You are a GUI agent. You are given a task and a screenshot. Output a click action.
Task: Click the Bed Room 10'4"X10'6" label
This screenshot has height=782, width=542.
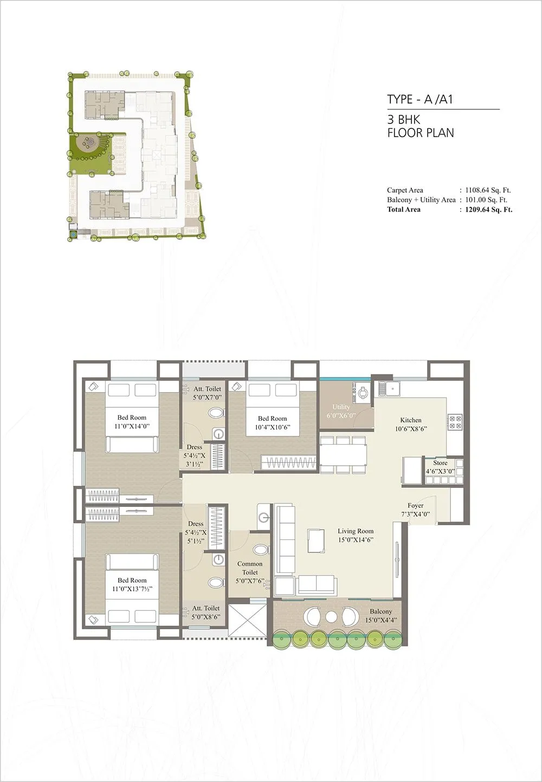[272, 422]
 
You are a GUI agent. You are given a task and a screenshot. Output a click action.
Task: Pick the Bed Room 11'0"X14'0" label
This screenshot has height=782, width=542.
[132, 422]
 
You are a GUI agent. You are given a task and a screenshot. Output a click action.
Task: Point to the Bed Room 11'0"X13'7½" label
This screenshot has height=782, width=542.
[132, 584]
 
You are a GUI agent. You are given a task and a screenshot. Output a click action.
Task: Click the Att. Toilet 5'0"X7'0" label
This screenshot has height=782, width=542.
[207, 393]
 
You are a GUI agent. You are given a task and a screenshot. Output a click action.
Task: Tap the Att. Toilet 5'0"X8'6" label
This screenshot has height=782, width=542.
[205, 612]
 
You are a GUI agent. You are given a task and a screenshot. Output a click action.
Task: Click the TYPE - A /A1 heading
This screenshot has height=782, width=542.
[420, 99]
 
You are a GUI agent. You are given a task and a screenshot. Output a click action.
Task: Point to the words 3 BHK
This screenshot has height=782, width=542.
[404, 120]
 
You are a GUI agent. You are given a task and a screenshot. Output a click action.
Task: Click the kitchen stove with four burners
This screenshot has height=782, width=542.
[454, 422]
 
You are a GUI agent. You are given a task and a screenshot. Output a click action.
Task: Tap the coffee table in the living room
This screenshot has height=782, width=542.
[315, 540]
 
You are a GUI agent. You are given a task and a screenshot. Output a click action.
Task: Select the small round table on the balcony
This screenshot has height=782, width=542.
[331, 616]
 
